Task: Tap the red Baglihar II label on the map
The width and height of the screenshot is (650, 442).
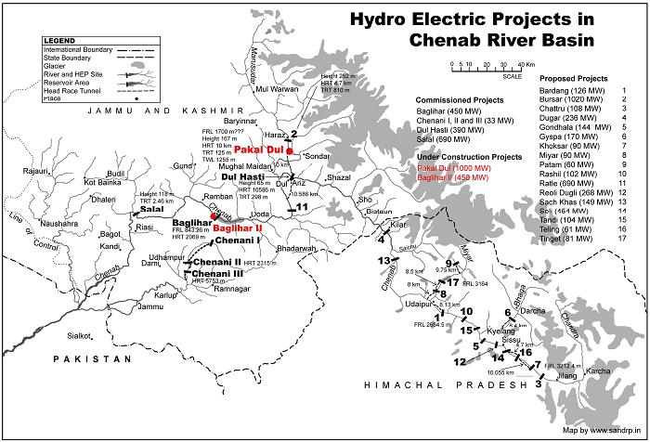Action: [238, 227]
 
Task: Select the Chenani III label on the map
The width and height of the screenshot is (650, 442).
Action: [219, 273]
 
